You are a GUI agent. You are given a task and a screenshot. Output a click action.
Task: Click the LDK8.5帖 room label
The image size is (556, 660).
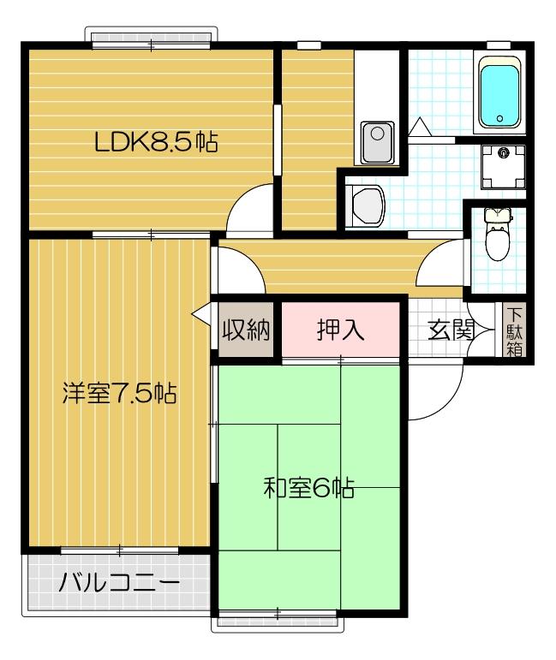pyautogui.click(x=155, y=142)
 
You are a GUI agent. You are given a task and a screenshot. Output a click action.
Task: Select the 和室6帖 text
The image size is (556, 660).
pyautogui.click(x=308, y=490)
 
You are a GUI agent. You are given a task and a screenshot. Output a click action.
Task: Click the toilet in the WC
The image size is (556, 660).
pyautogui.click(x=497, y=235)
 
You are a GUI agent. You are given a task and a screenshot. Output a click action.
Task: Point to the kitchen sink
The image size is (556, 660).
pyautogui.click(x=376, y=142)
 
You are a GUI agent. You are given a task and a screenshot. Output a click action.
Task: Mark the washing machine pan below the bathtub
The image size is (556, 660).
pyautogui.click(x=502, y=166)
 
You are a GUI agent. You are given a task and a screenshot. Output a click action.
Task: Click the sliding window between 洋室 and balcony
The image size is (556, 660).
pyautogui.click(x=120, y=550)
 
